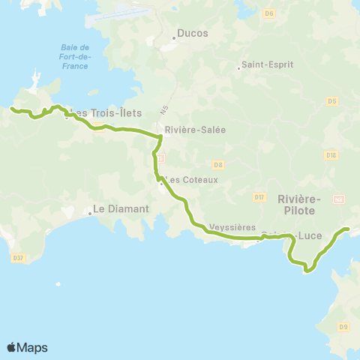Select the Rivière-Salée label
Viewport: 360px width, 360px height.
coord(190,129)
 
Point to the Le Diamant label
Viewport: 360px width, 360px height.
coord(121,208)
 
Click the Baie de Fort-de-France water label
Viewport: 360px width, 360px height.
coord(75,56)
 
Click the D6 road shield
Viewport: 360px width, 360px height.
coord(270,13)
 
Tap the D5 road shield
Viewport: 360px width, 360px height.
coord(331,100)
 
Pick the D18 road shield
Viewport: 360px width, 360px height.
coord(331,154)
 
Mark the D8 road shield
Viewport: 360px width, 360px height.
coord(218,163)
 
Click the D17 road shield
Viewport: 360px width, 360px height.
coord(259,196)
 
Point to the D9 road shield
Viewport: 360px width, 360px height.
coord(343,326)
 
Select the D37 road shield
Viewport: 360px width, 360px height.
coord(19,258)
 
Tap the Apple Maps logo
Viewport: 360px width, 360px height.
coord(27,347)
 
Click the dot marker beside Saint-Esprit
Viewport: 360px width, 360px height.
coord(238,68)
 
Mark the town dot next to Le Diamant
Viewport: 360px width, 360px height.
coord(89,213)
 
